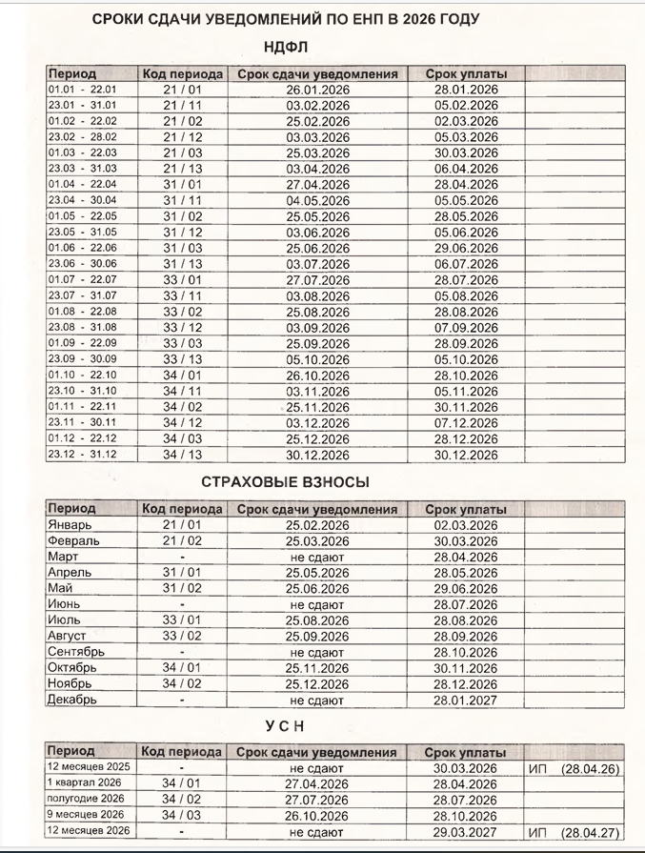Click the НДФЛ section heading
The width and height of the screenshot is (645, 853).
tap(286, 47)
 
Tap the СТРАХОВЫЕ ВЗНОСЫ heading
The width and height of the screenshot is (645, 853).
tap(286, 482)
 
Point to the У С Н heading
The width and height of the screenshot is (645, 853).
tap(286, 727)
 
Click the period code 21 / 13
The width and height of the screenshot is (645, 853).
tap(183, 169)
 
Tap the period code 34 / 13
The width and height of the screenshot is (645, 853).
tap(183, 455)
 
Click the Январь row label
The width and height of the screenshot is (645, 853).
tap(72, 525)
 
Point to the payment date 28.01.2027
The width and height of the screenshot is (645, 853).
tap(466, 700)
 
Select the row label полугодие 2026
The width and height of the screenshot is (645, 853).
tap(86, 799)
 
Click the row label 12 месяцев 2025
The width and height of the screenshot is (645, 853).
tap(89, 767)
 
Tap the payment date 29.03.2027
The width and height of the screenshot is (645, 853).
tap(466, 831)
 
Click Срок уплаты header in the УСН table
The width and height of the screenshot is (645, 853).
tap(466, 751)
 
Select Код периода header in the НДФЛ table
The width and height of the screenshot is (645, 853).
tap(183, 73)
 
